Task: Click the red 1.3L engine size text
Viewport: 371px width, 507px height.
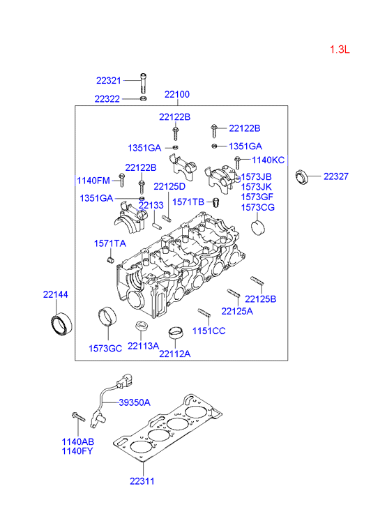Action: click(340, 50)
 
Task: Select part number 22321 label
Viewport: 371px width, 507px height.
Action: click(109, 80)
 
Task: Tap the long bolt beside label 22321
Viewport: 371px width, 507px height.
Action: click(143, 83)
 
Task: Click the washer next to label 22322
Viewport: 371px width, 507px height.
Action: click(143, 98)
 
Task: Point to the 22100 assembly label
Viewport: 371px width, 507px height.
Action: click(177, 94)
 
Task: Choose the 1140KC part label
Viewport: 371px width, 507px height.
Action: click(268, 160)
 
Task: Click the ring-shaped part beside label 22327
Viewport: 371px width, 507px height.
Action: click(302, 177)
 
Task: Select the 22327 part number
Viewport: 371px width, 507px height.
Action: click(336, 176)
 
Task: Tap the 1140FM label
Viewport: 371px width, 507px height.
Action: click(93, 181)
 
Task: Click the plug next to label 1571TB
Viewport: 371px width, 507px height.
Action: click(215, 203)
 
